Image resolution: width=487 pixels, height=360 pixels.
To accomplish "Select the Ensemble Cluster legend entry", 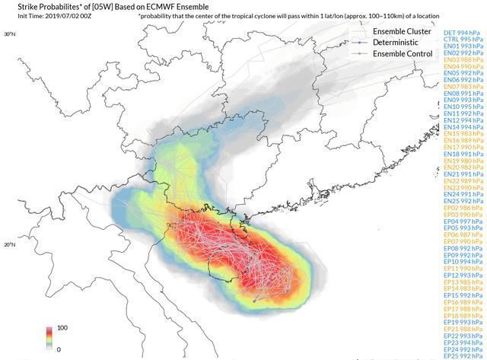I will point(403,31).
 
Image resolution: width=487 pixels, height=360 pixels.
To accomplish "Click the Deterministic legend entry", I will point(401,43).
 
